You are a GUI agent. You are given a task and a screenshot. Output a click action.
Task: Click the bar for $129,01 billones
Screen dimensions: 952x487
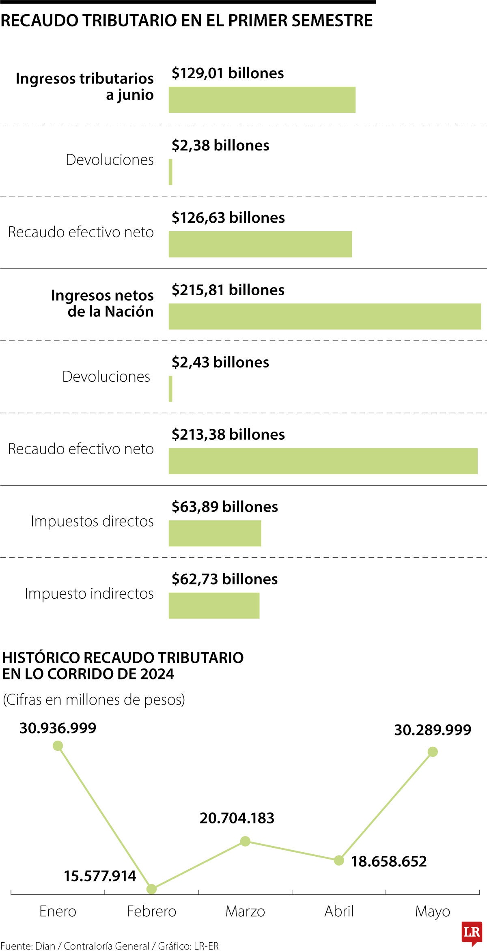pyautogui.click(x=262, y=99)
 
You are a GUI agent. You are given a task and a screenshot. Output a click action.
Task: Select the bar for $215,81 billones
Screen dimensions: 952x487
pyautogui.click(x=325, y=316)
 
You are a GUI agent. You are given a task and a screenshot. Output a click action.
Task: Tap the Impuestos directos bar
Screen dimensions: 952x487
pyautogui.click(x=215, y=533)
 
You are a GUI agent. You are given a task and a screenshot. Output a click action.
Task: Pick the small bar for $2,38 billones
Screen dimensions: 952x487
pyautogui.click(x=170, y=172)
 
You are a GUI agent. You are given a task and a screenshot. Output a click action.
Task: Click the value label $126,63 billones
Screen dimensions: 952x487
pyautogui.click(x=228, y=218)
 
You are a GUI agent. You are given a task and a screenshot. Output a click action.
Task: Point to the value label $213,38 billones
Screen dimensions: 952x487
pyautogui.click(x=228, y=434)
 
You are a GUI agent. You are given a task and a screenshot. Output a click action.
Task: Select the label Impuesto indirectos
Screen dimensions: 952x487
pyautogui.click(x=89, y=593)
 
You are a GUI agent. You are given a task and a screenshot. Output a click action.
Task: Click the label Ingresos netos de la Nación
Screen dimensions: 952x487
pyautogui.click(x=102, y=303)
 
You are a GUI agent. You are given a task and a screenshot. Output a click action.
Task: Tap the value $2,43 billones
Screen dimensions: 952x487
pyautogui.click(x=220, y=362)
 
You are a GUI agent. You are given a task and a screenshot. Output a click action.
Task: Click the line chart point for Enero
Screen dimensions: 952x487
pyautogui.click(x=58, y=746)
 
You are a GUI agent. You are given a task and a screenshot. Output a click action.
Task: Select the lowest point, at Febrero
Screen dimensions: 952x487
pyautogui.click(x=151, y=889)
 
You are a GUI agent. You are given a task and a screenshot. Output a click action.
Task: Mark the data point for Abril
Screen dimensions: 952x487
pyautogui.click(x=339, y=860)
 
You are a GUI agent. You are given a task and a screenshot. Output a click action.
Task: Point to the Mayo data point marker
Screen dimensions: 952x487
pyautogui.click(x=433, y=752)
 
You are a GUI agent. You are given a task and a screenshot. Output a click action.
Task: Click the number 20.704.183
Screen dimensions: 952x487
pyautogui.click(x=237, y=818)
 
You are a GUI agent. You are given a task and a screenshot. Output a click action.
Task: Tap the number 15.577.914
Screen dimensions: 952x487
pyautogui.click(x=100, y=876)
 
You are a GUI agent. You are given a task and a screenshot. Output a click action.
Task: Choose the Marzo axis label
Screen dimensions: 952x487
pyautogui.click(x=245, y=911)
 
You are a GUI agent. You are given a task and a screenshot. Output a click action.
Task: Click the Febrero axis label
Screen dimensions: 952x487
pyautogui.click(x=151, y=911)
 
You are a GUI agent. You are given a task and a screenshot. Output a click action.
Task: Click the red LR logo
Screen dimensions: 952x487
pyautogui.click(x=472, y=932)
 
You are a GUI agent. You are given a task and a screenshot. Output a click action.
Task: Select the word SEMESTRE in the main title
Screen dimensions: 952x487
pyautogui.click(x=332, y=20)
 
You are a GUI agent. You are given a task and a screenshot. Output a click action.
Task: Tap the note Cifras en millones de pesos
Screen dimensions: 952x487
pyautogui.click(x=94, y=699)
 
